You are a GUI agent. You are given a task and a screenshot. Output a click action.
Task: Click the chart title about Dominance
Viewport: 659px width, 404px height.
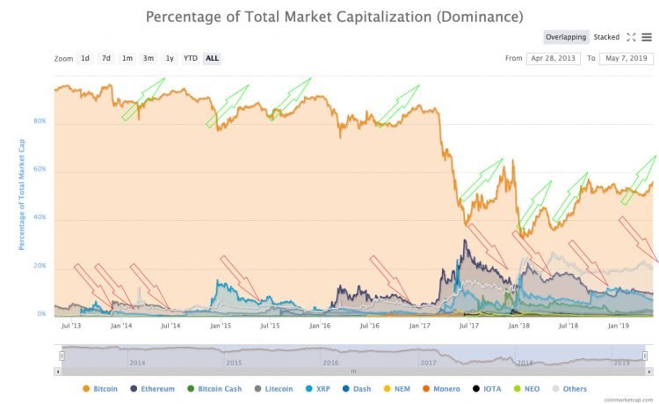coord(334,16)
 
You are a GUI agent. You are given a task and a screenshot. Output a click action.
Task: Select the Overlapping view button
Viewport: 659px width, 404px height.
coord(566,37)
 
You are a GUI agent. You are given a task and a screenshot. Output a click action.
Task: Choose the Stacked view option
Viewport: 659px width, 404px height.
coord(606,37)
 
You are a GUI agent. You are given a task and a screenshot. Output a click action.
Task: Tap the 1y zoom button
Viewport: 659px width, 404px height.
coord(170,58)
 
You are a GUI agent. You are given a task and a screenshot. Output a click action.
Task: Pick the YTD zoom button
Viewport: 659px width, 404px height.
coord(191,58)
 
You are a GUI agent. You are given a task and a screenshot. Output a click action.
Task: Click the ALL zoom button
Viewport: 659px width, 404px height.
coord(212,58)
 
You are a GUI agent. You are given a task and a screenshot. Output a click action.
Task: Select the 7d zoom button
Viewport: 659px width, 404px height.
coord(106,58)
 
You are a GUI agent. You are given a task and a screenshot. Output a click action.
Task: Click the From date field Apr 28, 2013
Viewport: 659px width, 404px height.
coord(552,58)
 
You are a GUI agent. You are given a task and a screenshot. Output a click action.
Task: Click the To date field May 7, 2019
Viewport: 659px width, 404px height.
coord(624,58)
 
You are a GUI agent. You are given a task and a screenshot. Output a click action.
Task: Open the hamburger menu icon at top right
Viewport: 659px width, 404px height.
coord(647,37)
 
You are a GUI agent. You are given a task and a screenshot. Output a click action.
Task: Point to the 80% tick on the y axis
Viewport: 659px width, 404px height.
coord(40,121)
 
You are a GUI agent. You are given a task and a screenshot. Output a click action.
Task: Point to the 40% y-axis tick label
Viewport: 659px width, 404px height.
coord(40,217)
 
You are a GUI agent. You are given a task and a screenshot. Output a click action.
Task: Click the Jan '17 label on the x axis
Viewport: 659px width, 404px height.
coord(419,325)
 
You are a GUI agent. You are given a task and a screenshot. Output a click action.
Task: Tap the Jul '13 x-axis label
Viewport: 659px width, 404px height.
coord(72,325)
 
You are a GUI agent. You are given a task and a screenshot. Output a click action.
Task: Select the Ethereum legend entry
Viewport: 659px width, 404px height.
coord(152,388)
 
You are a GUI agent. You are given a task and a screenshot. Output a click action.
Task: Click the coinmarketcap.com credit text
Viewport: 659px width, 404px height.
coord(630,399)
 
